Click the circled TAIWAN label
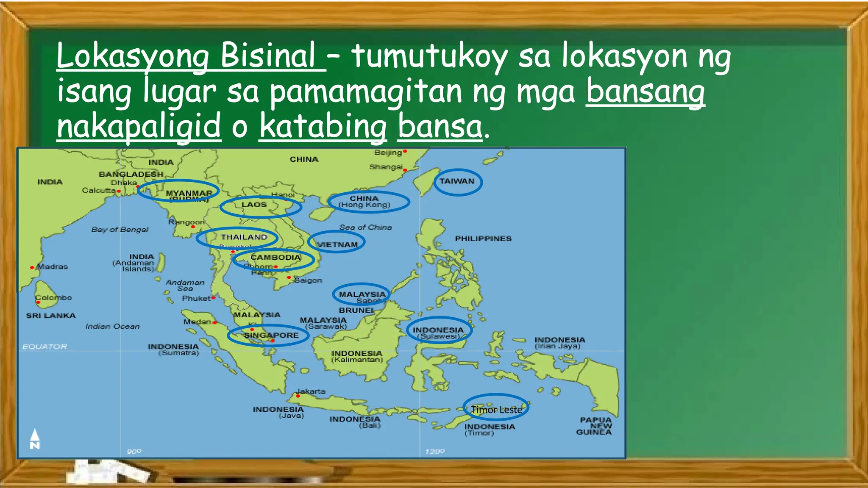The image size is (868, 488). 457,181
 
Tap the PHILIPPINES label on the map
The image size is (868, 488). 483,238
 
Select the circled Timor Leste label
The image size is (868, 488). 496,410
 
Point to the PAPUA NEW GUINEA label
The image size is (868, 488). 595,426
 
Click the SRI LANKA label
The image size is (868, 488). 50,316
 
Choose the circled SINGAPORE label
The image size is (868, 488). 271,335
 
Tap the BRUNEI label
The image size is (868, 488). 356,310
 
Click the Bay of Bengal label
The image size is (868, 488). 120,230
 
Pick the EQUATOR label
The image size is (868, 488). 45,347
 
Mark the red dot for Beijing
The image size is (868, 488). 405,151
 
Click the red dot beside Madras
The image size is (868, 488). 32,267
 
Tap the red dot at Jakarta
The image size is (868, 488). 298,396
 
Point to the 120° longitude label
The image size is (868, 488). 435,452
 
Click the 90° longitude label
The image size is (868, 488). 134,452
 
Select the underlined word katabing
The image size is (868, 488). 323,126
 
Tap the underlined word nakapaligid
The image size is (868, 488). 139,126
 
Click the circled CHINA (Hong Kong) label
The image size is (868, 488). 364,202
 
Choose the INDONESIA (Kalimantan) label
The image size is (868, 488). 357,356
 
